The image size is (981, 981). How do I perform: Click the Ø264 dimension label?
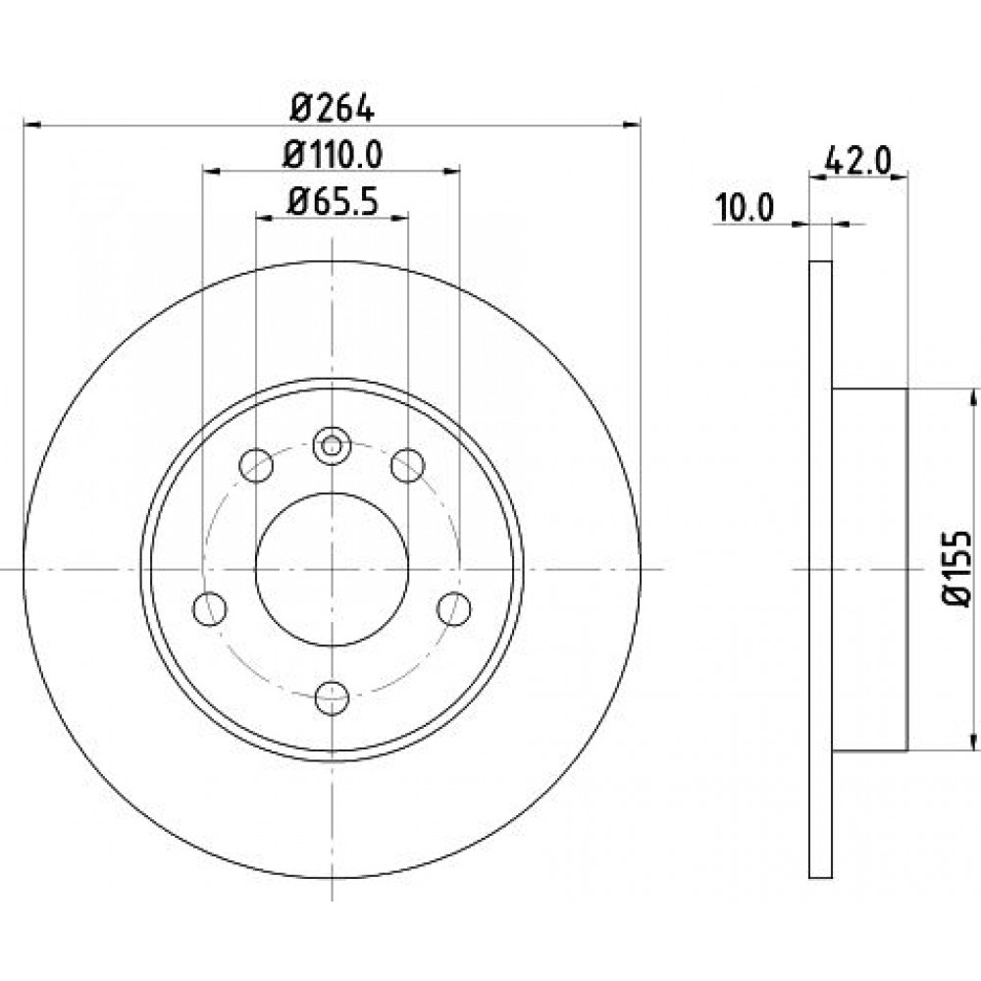333,110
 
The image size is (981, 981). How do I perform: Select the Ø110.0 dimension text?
333,155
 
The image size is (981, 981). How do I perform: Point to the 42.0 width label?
857,161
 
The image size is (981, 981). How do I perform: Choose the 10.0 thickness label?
745,208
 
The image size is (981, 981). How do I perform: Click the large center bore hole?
333,569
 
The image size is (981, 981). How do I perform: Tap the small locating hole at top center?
333,446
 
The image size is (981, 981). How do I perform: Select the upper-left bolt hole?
256,465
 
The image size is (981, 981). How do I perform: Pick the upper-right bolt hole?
408,465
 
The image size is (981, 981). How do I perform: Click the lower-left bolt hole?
210,609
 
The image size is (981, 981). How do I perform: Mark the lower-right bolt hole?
454,609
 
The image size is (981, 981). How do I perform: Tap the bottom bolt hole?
333,697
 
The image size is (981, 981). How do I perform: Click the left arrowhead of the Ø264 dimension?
32,126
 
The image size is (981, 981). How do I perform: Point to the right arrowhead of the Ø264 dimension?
633,126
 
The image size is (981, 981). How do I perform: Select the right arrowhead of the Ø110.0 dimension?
451,172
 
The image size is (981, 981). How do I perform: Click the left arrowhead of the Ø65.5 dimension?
265,218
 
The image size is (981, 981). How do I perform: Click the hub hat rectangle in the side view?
869,569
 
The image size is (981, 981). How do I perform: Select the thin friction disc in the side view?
820,569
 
